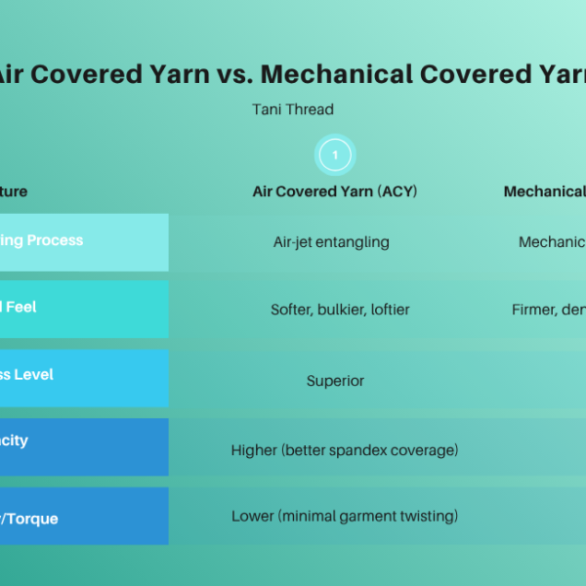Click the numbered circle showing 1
tap(335, 154)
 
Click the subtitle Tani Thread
tap(293, 109)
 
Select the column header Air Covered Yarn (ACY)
tap(334, 191)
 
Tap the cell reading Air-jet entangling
tap(331, 242)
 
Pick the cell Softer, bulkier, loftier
tap(340, 310)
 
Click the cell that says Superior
tap(335, 381)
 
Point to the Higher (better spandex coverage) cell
tap(345, 450)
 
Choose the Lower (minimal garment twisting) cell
tap(345, 516)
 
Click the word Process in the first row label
tap(55, 240)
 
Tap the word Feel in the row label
tap(21, 307)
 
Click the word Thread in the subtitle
tap(313, 109)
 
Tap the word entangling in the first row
tap(354, 242)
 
